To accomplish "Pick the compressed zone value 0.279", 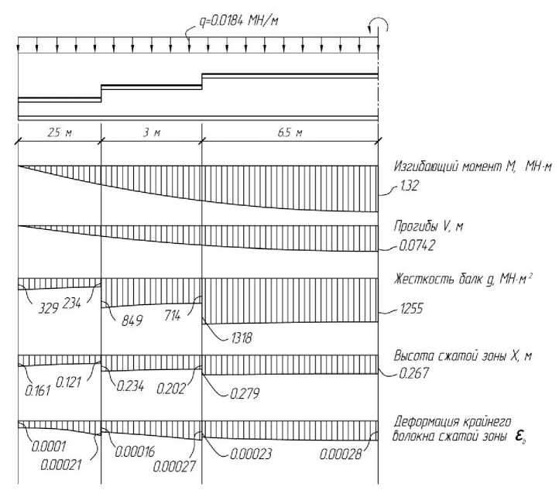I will [245, 393].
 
